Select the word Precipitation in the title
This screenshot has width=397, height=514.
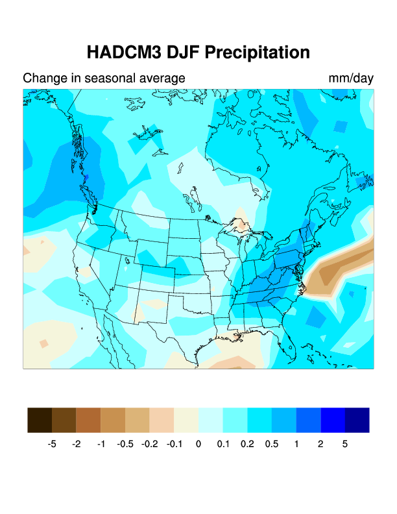coord(255,52)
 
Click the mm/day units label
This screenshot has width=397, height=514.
coord(351,79)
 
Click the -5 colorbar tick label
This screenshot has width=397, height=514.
coord(52,445)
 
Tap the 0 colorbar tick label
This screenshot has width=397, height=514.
coord(198,445)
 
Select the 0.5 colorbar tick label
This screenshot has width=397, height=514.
coord(272,445)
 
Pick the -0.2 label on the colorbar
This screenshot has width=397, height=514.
coord(149,445)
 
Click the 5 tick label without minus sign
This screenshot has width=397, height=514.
coord(345,445)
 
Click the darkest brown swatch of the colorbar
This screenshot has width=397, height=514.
coord(40,420)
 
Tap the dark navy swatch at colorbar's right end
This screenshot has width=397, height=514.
coord(357,420)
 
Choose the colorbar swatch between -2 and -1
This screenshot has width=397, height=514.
coord(88,420)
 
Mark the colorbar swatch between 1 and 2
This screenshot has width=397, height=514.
coord(308,420)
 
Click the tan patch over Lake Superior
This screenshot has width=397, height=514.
coord(242,225)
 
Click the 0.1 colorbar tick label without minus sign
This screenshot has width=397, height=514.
coord(223,445)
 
